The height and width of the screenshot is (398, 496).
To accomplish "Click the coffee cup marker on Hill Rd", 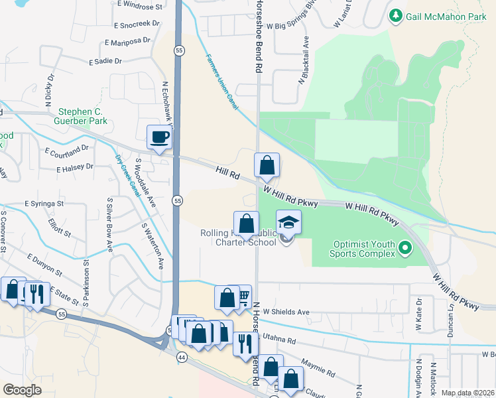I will (x=159, y=138).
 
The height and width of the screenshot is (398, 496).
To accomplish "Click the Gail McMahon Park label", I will (x=448, y=15).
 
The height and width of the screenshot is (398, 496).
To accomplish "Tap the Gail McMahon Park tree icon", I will (x=396, y=15).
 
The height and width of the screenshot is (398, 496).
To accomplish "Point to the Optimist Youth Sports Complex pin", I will (x=406, y=249).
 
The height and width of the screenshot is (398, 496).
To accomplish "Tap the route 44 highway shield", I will (x=181, y=357).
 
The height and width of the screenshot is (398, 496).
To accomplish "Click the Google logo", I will (x=22, y=390).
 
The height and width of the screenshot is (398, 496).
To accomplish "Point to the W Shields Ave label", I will (x=286, y=312).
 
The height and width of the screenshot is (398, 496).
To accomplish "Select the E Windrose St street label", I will (x=141, y=7).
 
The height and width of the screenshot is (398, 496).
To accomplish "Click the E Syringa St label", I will (x=44, y=203).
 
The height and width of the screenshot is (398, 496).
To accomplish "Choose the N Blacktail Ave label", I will (x=305, y=68).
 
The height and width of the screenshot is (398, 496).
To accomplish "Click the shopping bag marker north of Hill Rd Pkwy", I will (x=267, y=166).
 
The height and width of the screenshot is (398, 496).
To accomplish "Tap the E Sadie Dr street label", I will (x=105, y=60).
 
